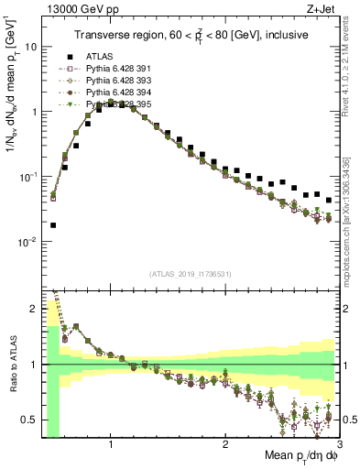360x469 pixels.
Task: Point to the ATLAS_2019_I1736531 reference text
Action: click(x=190, y=274)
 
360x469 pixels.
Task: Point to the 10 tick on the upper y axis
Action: click(x=30, y=46)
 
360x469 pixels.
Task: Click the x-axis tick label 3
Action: click(x=339, y=444)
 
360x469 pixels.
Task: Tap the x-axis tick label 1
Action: click(x=111, y=444)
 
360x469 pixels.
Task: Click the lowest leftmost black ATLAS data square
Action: click(x=53, y=224)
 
